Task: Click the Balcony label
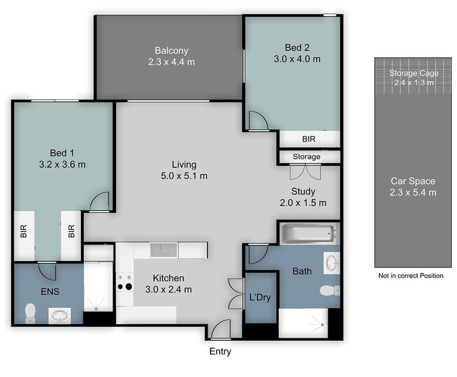[171, 51]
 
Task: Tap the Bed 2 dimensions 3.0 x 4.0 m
[297, 59]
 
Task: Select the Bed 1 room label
[62, 153]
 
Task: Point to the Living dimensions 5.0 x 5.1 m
[184, 176]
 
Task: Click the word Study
[303, 191]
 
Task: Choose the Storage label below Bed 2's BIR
[306, 157]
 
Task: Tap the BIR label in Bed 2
[309, 139]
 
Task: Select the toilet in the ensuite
[30, 313]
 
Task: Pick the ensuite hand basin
[60, 316]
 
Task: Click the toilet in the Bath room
[330, 290]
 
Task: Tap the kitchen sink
[164, 250]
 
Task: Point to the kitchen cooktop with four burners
[125, 282]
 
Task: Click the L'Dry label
[260, 297]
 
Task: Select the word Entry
[220, 351]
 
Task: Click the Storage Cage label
[414, 73]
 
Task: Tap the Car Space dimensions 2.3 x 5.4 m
[413, 193]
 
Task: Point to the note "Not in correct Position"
[411, 275]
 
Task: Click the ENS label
[50, 291]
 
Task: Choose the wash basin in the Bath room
[331, 263]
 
